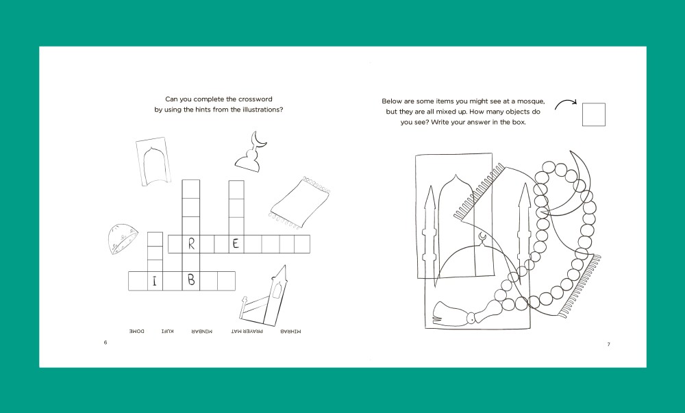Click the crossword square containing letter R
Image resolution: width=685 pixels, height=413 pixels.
[191, 244]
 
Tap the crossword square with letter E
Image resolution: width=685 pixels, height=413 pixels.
[236, 244]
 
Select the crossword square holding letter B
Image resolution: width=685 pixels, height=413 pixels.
[191, 281]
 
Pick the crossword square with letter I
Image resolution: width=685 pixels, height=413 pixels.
[155, 281]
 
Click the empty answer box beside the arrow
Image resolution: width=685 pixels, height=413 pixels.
[594, 114]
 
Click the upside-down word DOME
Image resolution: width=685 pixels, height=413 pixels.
[137, 331]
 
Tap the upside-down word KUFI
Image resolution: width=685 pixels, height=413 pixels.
[167, 331]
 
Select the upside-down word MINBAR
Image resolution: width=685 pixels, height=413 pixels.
[202, 331]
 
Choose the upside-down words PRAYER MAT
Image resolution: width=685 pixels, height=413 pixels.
[247, 331]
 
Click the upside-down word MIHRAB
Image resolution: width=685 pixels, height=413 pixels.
[290, 331]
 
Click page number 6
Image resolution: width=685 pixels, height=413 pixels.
[105, 342]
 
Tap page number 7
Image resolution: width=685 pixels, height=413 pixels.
[608, 345]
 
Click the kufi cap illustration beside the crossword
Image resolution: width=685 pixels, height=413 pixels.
[122, 238]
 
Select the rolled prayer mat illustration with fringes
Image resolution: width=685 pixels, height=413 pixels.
[300, 203]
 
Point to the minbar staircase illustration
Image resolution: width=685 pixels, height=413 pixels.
[265, 297]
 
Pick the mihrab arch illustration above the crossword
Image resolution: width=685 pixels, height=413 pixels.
[153, 162]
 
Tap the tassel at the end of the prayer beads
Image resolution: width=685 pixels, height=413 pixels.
[450, 314]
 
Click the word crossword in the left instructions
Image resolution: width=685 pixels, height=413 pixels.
[255, 99]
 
